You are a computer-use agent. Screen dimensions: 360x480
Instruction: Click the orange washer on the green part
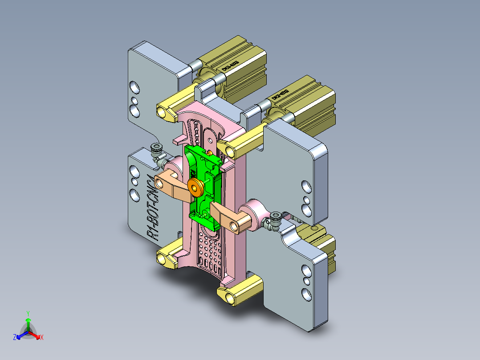point(195,187)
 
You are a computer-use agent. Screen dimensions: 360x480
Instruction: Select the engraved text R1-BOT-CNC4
point(151,207)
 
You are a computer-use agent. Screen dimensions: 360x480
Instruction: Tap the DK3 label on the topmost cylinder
point(230,65)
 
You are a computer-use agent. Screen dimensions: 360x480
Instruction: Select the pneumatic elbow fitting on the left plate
point(157,151)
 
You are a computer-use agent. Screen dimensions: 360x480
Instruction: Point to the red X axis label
point(42,338)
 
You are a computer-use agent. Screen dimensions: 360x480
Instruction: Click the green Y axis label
point(28,313)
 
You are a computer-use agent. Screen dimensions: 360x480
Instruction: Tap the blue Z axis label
point(15,338)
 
